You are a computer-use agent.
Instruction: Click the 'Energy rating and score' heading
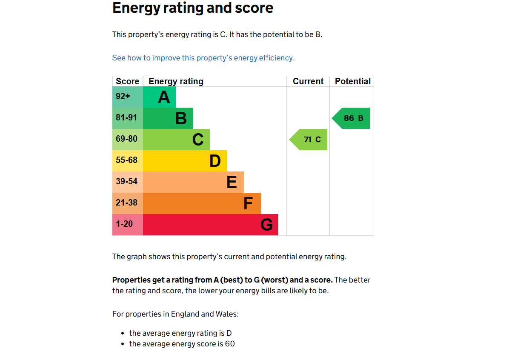[x=193, y=8]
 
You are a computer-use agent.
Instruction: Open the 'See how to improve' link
[x=203, y=58]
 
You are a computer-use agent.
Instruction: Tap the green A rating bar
[x=160, y=97]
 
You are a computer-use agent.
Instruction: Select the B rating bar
[x=168, y=118]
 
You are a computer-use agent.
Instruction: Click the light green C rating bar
[x=177, y=140]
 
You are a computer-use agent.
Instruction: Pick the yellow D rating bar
[x=185, y=161]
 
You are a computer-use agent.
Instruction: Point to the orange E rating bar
[x=194, y=182]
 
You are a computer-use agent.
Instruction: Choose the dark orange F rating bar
[x=202, y=203]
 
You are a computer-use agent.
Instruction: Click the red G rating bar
[x=211, y=225]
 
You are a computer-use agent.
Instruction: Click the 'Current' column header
[x=308, y=81]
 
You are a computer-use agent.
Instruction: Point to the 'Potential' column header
[x=353, y=81]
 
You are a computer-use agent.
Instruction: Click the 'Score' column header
[x=127, y=81]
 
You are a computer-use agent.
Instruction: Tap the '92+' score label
[x=123, y=97]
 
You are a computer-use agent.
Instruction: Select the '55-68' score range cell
[x=127, y=160]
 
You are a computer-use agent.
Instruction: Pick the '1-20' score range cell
[x=124, y=224]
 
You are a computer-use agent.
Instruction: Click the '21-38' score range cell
[x=127, y=203]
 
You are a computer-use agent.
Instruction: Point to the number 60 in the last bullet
[x=230, y=344]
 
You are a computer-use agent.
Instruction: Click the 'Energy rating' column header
[x=176, y=81]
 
